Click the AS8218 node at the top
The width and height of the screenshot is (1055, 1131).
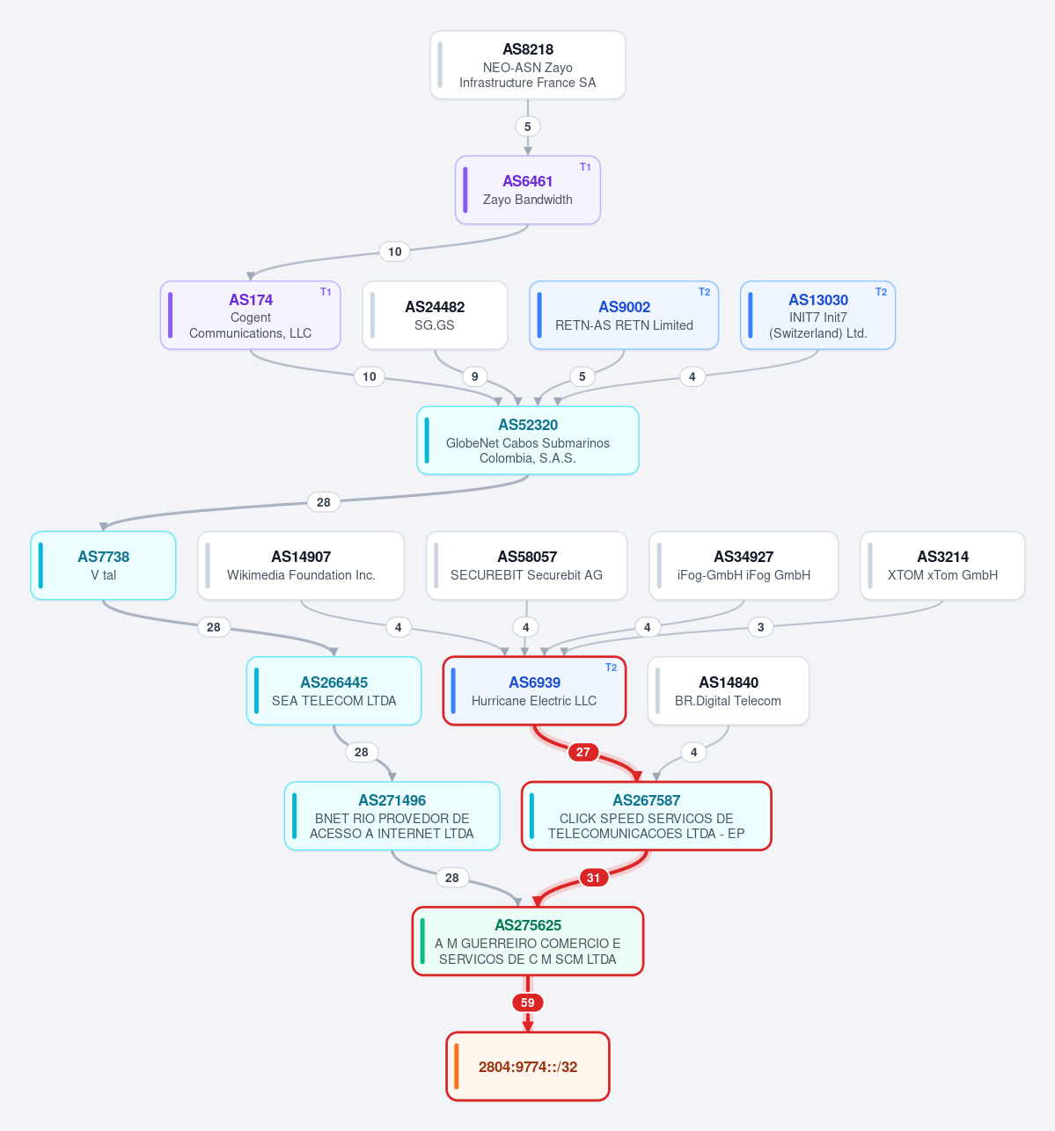(x=527, y=65)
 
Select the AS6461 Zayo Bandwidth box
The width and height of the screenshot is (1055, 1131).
(x=527, y=190)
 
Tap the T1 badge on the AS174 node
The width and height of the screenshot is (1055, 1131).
(x=326, y=292)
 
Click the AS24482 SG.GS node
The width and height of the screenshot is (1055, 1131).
(x=435, y=315)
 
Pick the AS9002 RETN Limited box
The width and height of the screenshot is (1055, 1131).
(x=624, y=315)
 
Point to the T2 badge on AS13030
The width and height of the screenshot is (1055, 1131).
(x=881, y=292)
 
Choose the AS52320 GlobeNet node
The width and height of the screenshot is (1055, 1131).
(x=527, y=441)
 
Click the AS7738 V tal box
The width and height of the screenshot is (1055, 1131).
(x=103, y=565)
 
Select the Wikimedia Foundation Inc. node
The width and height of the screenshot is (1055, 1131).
(x=301, y=565)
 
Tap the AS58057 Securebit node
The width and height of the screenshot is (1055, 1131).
(x=527, y=565)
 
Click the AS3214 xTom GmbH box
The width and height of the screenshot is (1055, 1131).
(x=942, y=565)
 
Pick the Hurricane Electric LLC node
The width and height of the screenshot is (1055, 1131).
(x=534, y=690)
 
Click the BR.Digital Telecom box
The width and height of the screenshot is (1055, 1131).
(x=728, y=690)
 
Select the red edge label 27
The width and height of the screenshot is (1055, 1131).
(x=582, y=752)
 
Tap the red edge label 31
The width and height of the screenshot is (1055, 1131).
(x=593, y=878)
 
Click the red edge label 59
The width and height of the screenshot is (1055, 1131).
(x=527, y=1003)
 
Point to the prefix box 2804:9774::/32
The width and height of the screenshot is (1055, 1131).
(x=527, y=1066)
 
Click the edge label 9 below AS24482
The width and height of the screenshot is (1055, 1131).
(x=474, y=376)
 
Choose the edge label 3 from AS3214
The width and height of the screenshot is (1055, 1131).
(x=760, y=627)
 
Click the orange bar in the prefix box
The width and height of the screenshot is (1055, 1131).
(x=456, y=1066)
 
